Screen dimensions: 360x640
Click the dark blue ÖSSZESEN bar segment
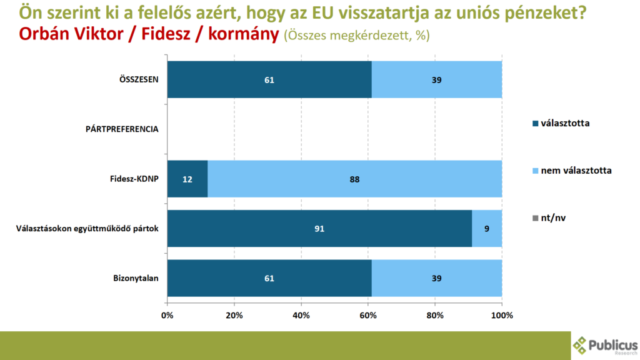pos(269,79)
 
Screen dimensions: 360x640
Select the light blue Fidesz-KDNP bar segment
pos(354,179)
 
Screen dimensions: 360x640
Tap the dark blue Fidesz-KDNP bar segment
pos(187,179)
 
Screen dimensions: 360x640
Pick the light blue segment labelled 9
pos(487,229)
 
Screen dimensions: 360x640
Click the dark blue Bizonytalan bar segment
pos(269,278)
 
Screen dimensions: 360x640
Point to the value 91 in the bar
pos(320,229)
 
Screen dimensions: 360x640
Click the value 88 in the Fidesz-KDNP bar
pos(354,179)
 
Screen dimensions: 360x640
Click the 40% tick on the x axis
pos(301,316)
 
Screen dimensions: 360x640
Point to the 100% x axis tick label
pos(502,316)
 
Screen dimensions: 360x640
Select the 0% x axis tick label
pos(167,316)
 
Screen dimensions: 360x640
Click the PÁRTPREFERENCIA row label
pos(121,129)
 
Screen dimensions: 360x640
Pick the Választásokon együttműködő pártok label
pos(87,229)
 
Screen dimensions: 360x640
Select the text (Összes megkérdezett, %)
pos(356,36)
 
